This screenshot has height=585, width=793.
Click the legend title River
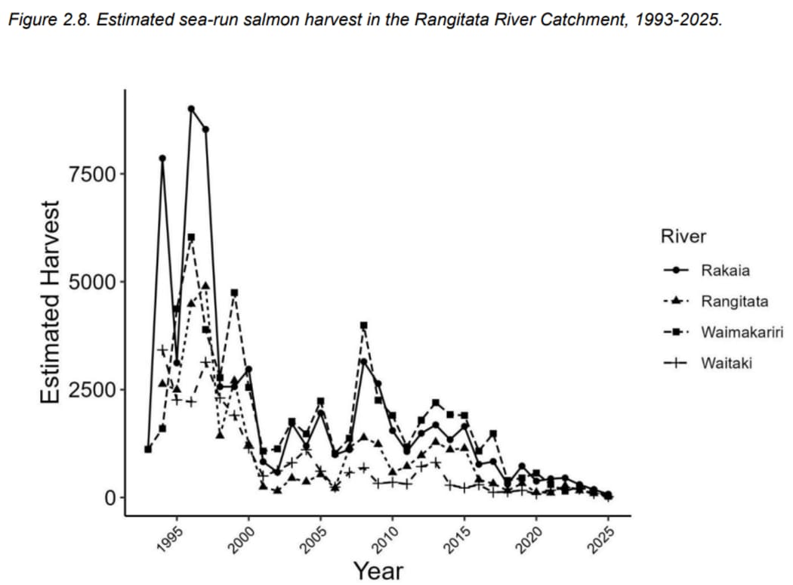pos(683,237)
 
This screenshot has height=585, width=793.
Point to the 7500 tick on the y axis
pos(91,174)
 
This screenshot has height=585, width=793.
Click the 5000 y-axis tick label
pos(91,282)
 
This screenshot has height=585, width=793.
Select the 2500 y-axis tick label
pos(91,390)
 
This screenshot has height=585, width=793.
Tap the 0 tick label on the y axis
pos(110,498)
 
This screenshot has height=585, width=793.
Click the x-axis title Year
pos(378,571)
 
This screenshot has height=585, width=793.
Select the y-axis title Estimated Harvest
pos(50,302)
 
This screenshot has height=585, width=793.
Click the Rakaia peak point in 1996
pos(191,109)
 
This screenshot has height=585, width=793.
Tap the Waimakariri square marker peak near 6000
pos(191,237)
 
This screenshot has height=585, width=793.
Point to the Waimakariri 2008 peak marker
pos(363,325)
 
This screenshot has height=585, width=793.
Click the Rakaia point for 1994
pos(162,158)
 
